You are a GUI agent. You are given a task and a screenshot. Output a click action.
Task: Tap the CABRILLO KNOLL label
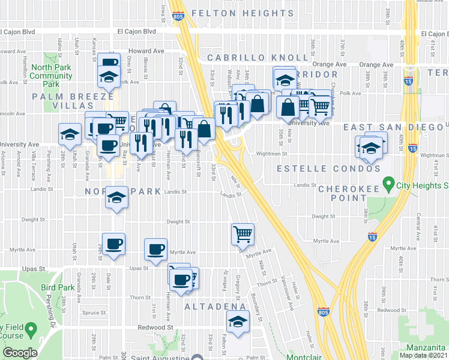[258, 58]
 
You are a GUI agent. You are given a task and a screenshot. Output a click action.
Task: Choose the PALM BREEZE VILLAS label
[73, 101]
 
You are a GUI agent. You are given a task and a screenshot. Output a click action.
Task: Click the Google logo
[20, 353]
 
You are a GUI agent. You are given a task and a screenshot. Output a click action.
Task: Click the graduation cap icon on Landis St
[116, 198]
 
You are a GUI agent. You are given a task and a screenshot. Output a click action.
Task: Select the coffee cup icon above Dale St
[113, 244]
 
